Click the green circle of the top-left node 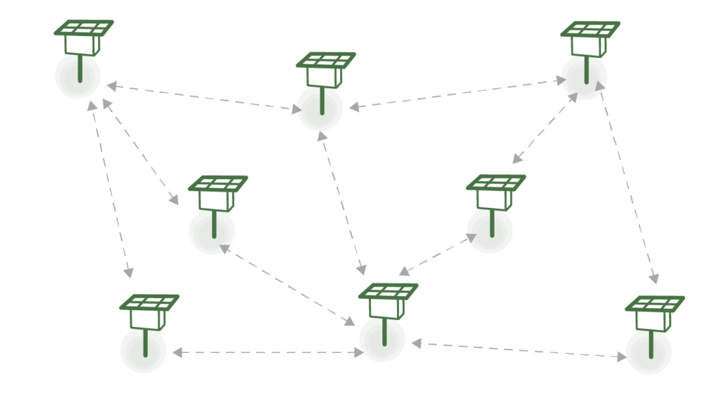(x=77, y=75)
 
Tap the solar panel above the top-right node (x=590, y=29)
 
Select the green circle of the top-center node (x=320, y=108)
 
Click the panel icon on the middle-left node (x=218, y=183)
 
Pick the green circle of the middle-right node (x=489, y=230)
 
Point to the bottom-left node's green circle (x=143, y=350)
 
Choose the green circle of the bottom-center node (x=382, y=339)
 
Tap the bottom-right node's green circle (x=648, y=352)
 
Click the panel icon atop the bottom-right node (x=654, y=304)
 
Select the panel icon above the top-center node (x=325, y=60)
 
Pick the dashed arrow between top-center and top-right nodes (x=458, y=93)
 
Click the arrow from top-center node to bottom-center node (x=342, y=203)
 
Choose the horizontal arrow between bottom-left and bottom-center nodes (x=268, y=352)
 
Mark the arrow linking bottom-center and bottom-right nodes (x=518, y=350)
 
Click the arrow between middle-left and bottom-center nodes (x=287, y=285)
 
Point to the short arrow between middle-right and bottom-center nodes (x=437, y=254)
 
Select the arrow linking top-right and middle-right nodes (x=545, y=128)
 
